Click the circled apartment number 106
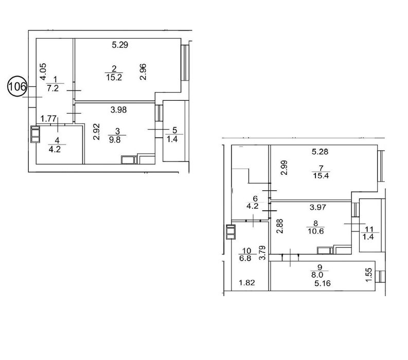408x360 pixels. pyautogui.click(x=17, y=86)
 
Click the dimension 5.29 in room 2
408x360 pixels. pyautogui.click(x=120, y=45)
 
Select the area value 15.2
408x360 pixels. pyautogui.click(x=114, y=77)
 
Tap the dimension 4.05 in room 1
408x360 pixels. pyautogui.click(x=43, y=71)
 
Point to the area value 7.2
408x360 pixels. pyautogui.click(x=53, y=88)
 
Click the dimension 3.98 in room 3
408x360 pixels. pyautogui.click(x=119, y=110)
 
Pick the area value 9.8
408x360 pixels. pyautogui.click(x=115, y=140)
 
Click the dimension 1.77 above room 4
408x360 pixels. pyautogui.click(x=49, y=119)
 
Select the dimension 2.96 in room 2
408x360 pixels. pyautogui.click(x=143, y=72)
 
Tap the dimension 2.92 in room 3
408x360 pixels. pyautogui.click(x=97, y=132)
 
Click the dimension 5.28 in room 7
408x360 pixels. pyautogui.click(x=320, y=151)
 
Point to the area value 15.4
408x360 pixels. pyautogui.click(x=321, y=175)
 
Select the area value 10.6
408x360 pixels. pyautogui.click(x=316, y=231)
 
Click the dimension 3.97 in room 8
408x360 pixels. pyautogui.click(x=318, y=207)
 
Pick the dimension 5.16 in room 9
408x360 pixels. pyautogui.click(x=323, y=283)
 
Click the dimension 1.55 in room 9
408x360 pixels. pyautogui.click(x=369, y=275)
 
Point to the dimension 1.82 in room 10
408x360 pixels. pyautogui.click(x=247, y=282)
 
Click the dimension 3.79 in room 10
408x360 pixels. pyautogui.click(x=263, y=253)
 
